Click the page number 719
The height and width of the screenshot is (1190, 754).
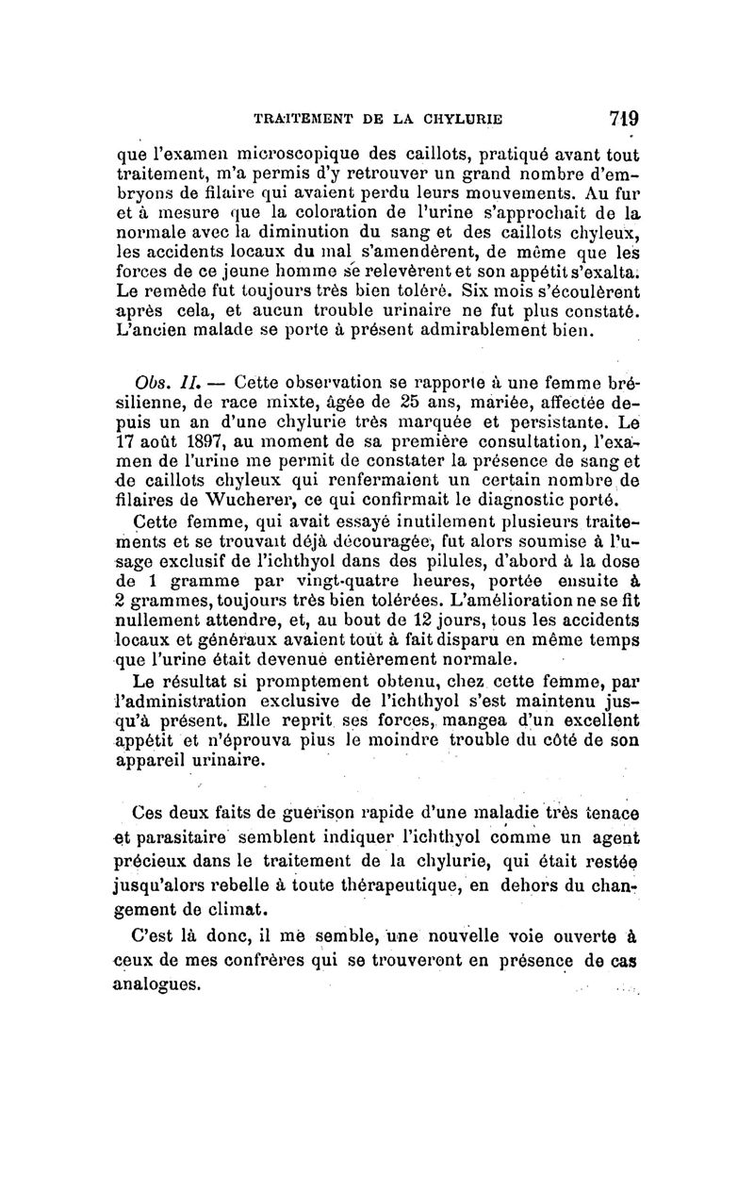click(x=624, y=120)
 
